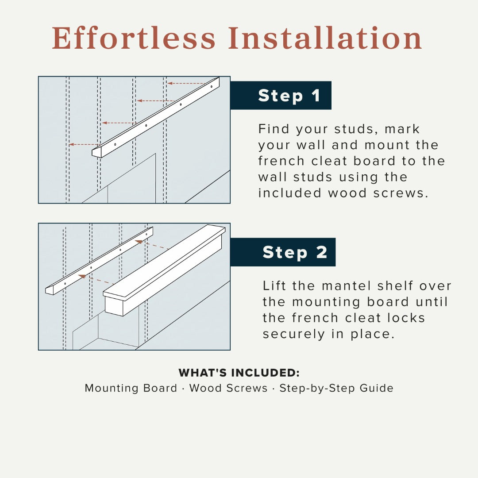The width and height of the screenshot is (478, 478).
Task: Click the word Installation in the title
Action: (x=325, y=38)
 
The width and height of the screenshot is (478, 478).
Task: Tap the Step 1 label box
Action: (x=281, y=96)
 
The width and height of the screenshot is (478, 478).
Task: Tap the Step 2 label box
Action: (x=283, y=252)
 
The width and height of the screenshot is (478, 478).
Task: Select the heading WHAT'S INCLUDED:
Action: (x=239, y=373)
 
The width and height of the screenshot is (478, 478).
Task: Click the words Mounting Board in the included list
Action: (x=131, y=388)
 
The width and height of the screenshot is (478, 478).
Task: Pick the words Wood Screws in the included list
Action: (x=228, y=388)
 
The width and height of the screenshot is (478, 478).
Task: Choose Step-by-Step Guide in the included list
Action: (x=336, y=388)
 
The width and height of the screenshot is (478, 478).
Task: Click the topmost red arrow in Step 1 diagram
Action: (x=186, y=83)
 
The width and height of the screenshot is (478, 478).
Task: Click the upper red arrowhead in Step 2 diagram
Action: (x=139, y=242)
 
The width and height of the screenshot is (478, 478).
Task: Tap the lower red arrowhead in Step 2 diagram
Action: (x=82, y=276)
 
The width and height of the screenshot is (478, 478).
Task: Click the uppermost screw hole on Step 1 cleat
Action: (x=212, y=86)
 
